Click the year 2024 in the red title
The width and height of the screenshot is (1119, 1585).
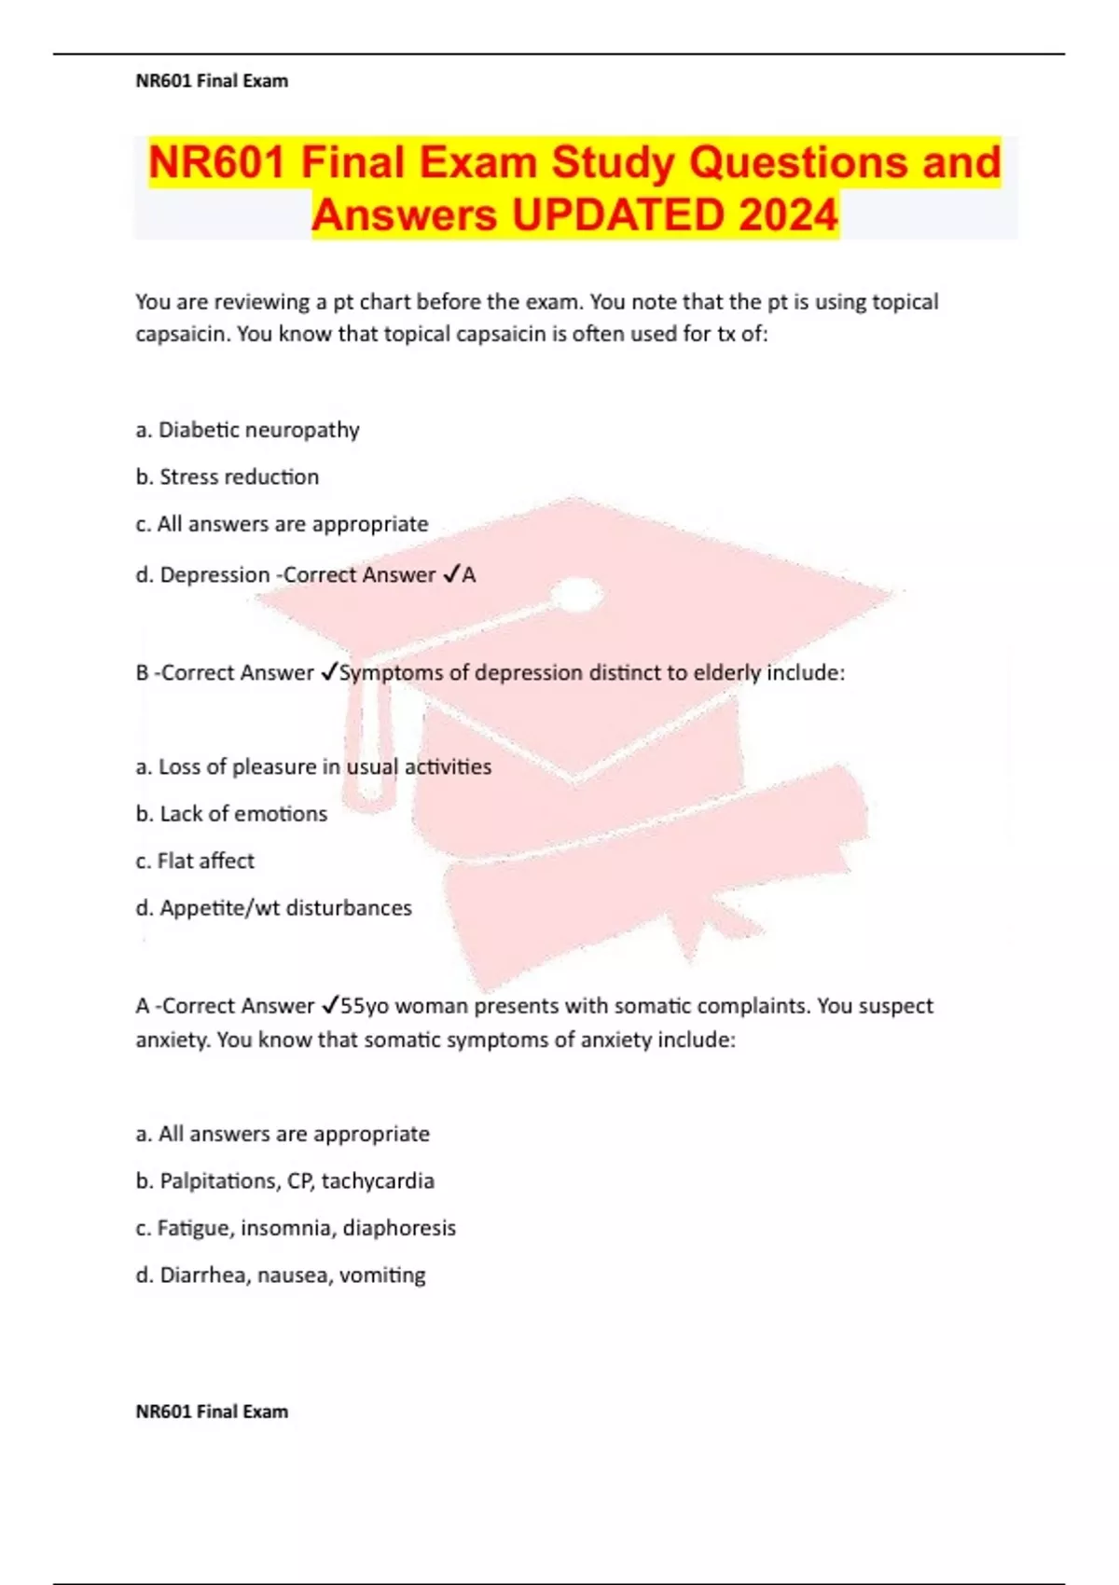(x=788, y=215)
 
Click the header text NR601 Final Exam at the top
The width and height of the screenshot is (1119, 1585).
(x=212, y=81)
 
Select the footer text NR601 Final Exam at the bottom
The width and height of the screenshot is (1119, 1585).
(x=212, y=1412)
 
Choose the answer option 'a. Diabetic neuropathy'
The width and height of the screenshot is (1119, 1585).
(x=247, y=430)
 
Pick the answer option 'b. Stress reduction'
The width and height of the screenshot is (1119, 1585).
(x=227, y=477)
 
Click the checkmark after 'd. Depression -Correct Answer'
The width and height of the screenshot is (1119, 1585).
(x=450, y=574)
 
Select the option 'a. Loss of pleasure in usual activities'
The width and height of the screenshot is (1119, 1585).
(x=313, y=766)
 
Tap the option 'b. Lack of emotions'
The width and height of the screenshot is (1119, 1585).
(x=231, y=814)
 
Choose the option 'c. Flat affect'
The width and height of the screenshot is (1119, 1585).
(x=195, y=861)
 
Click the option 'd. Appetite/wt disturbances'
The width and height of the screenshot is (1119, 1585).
(x=273, y=908)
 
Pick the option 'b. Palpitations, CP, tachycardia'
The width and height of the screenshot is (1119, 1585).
(x=284, y=1181)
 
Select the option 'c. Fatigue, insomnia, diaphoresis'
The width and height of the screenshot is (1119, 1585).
(x=296, y=1228)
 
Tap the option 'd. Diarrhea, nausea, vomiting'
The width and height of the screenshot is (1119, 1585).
(x=280, y=1275)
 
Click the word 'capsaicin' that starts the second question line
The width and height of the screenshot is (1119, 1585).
(x=183, y=334)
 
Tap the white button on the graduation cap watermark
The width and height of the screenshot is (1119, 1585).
(x=580, y=593)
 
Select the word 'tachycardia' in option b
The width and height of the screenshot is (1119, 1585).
(x=378, y=1181)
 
